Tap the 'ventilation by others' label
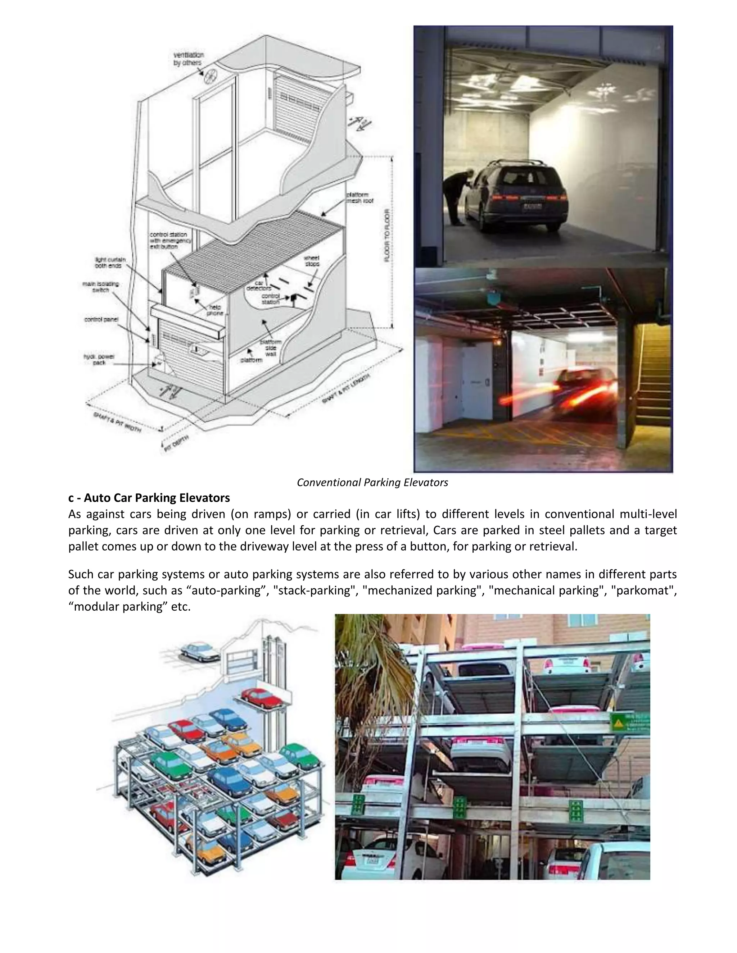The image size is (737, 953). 188,59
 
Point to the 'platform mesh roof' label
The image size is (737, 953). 360,198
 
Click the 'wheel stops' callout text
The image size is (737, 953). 311,261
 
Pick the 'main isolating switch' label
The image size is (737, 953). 100,287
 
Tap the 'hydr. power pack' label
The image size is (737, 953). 99,360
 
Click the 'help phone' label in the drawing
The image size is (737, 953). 215,310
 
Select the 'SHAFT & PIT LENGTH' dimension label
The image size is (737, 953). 345,389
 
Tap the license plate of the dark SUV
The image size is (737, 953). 532,206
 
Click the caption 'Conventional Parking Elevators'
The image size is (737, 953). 372,483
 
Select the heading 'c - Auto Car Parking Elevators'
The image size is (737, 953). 149,498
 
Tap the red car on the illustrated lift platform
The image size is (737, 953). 262,697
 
